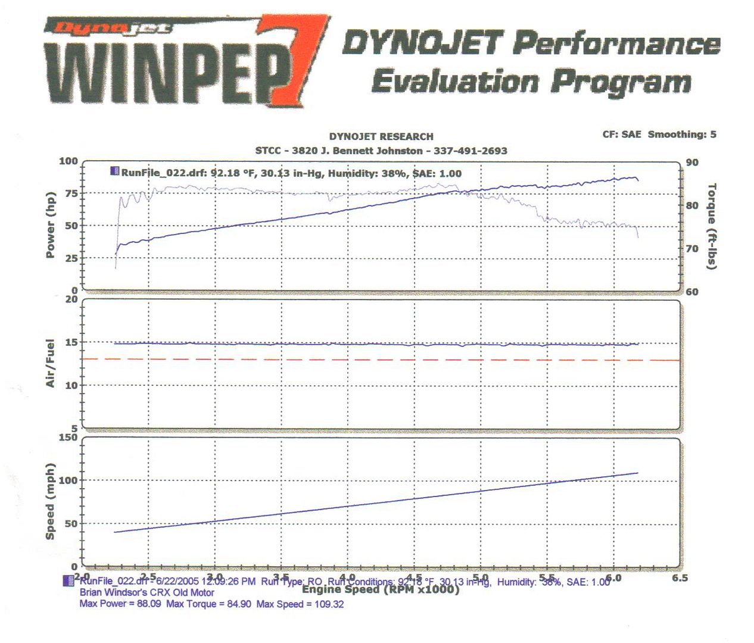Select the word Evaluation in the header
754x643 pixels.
(456, 82)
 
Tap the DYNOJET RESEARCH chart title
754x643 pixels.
(381, 136)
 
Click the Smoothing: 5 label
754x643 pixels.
(682, 135)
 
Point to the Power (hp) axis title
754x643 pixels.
(51, 225)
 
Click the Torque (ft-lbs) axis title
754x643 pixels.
(712, 226)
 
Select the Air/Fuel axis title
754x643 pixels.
(51, 363)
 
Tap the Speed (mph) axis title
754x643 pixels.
(51, 501)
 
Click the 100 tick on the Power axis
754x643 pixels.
(68, 161)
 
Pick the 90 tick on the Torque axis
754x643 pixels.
(692, 163)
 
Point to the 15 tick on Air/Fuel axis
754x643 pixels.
(71, 342)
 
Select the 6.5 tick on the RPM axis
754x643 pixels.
(679, 578)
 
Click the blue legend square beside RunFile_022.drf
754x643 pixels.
(114, 171)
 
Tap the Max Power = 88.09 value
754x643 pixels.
(120, 604)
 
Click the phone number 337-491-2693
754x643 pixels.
(470, 151)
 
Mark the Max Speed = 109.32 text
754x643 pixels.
(300, 604)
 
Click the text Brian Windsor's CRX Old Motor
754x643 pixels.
(147, 592)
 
